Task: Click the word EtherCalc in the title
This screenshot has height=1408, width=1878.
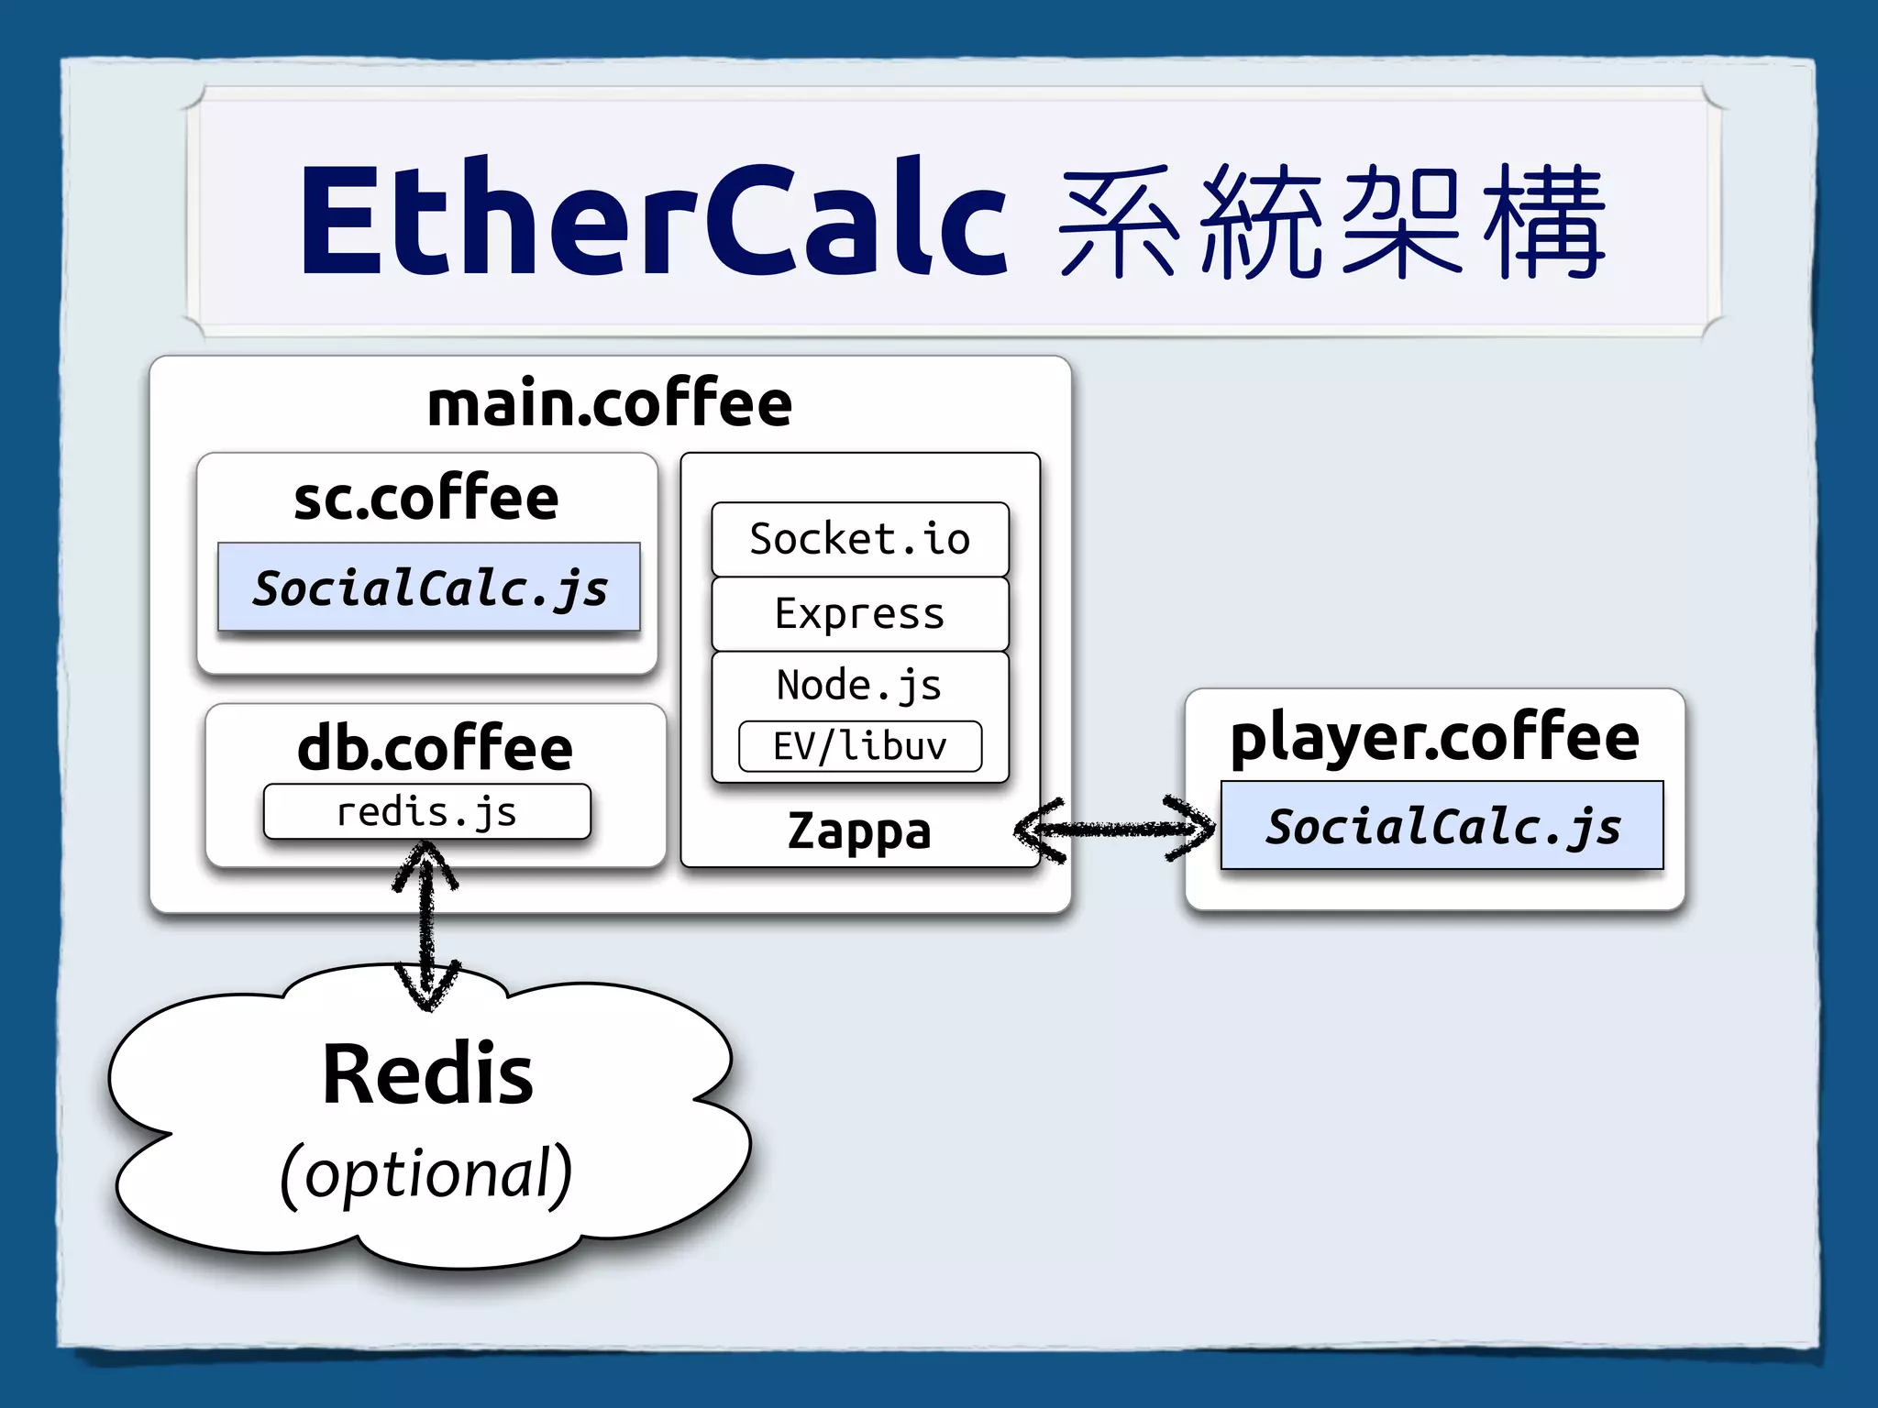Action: tap(653, 220)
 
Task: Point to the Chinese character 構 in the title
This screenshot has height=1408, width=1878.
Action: tap(1544, 222)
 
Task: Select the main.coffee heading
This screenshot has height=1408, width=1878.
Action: tap(610, 404)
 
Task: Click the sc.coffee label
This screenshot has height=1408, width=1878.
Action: tap(426, 500)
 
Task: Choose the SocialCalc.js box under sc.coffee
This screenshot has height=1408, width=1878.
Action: tap(429, 588)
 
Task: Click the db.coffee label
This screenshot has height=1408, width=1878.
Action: tap(436, 749)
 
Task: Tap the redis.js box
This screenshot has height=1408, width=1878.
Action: tap(427, 812)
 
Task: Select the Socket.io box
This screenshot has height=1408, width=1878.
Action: tap(860, 539)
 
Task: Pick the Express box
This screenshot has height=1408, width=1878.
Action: tap(860, 614)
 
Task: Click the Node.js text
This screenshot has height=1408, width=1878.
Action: tap(859, 686)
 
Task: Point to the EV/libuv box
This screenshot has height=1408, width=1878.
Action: tap(860, 746)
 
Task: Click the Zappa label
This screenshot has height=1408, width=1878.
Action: tap(859, 831)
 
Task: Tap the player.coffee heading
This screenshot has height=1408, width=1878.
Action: tap(1434, 738)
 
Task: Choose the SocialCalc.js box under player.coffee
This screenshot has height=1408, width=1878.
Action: tap(1442, 826)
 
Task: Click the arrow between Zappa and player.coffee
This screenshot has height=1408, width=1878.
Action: tap(1114, 830)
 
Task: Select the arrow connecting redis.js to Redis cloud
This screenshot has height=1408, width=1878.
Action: tap(426, 926)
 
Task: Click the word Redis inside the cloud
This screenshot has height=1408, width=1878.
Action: tap(427, 1074)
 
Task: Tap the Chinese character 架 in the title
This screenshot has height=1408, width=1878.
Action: tap(1401, 222)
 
